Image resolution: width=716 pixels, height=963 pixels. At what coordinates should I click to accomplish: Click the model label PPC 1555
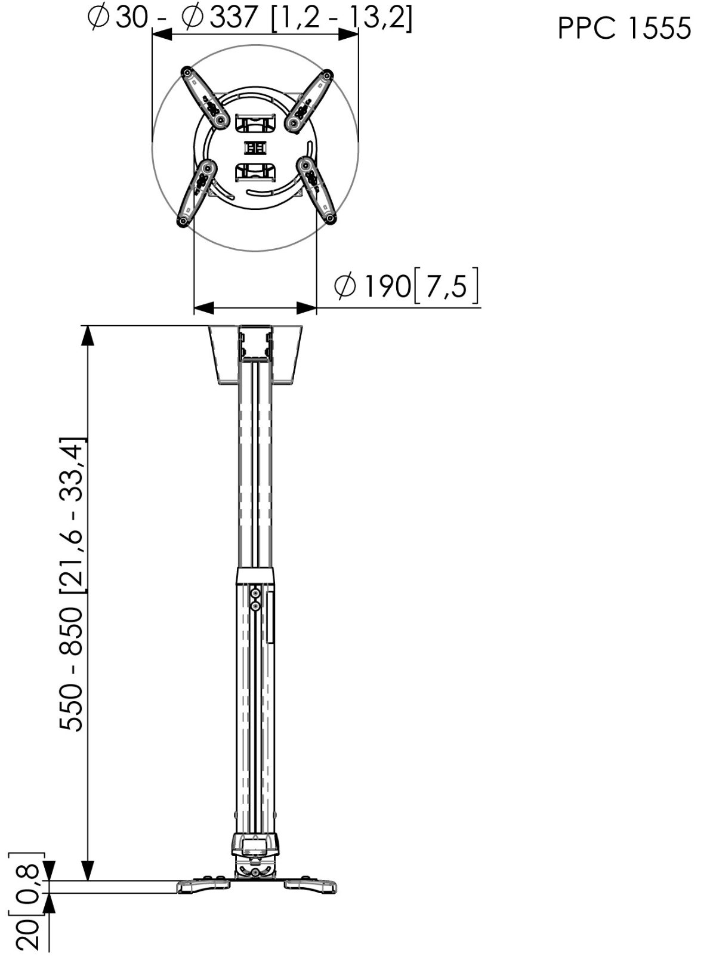point(624,29)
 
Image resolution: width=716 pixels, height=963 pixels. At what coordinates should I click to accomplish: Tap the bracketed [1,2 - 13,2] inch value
point(341,19)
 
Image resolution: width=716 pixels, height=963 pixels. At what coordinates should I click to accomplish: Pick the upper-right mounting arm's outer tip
point(327,74)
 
